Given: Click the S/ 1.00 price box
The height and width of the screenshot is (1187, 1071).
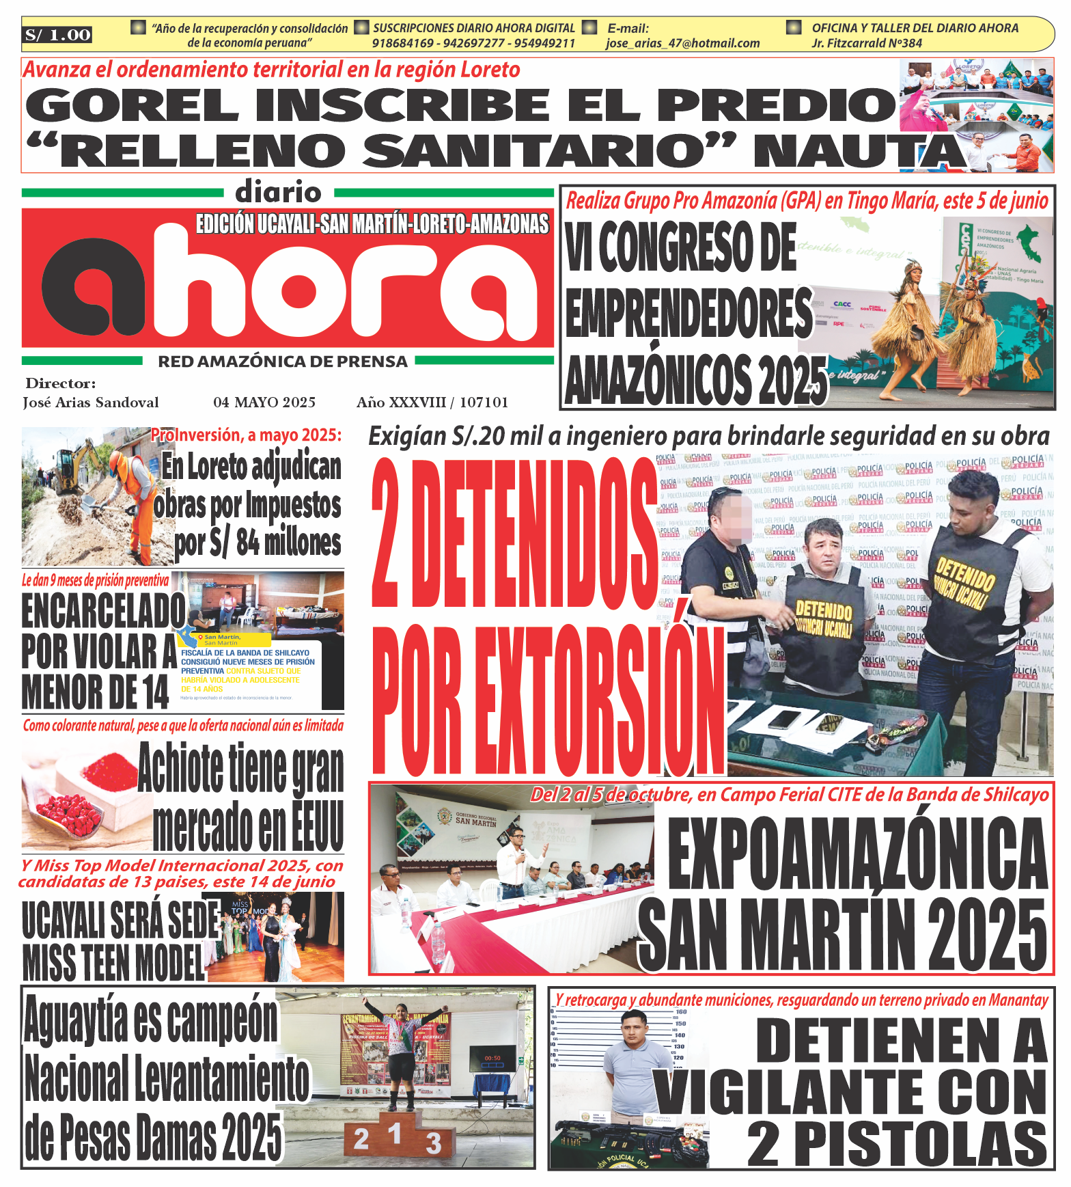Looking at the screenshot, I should [57, 35].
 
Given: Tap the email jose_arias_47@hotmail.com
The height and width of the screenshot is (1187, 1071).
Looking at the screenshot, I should [682, 43].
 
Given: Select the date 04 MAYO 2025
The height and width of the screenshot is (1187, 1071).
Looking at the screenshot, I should [264, 403].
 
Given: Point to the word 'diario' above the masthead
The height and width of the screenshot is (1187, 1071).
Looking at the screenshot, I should [278, 193].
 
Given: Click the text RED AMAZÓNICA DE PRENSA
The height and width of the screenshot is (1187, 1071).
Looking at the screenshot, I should [283, 361].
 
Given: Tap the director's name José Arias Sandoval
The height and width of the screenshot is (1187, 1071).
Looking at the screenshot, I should [91, 403].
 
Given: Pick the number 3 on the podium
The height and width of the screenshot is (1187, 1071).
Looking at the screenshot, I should [434, 1143].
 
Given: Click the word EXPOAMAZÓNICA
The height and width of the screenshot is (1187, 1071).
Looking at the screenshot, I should [857, 854].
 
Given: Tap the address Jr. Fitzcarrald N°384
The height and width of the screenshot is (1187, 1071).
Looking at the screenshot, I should [867, 43].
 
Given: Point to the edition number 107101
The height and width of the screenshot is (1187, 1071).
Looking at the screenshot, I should [484, 403].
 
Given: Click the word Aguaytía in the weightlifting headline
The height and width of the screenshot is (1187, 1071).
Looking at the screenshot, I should [76, 1019].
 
